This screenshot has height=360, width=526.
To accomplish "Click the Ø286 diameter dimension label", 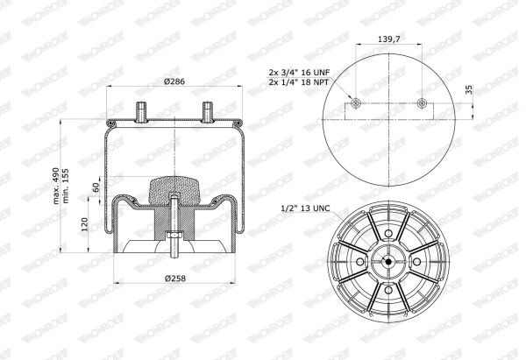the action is point(174,81).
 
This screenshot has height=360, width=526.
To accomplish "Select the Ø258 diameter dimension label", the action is point(175,279).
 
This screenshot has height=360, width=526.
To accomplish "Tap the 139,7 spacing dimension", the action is point(388,39).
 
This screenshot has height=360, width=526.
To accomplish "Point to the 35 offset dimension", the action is point(469,89).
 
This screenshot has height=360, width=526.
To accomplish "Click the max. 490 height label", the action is point(56,186).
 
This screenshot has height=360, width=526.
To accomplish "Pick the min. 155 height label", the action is point(66,186).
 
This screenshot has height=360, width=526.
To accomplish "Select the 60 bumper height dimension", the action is point(96,187).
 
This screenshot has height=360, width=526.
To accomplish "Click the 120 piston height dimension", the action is point(84,224).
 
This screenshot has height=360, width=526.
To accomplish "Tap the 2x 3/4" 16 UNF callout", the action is point(299,72).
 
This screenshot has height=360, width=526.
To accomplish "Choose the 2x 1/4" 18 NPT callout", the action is point(299,81).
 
